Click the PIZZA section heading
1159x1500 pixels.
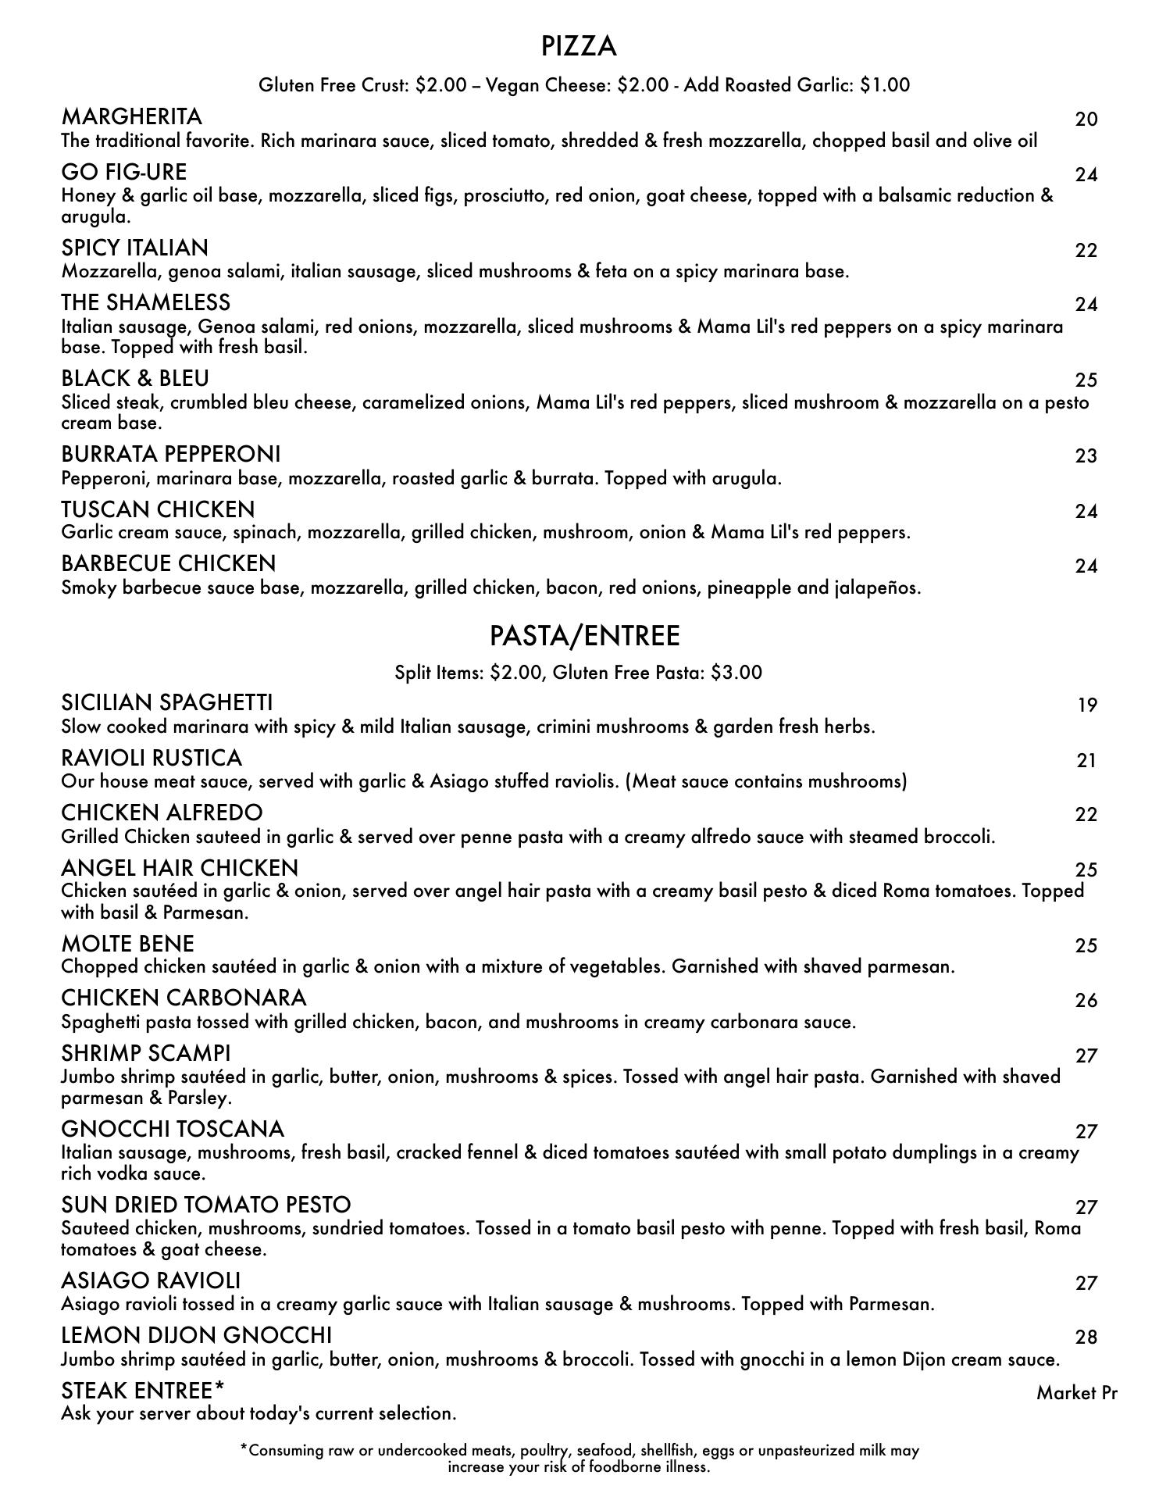pos(579,47)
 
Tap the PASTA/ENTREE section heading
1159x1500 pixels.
pos(584,636)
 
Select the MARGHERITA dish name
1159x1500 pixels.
pos(131,116)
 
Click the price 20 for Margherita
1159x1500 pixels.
pos(1086,119)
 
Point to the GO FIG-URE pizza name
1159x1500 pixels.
pos(123,172)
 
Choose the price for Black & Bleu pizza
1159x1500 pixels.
pos(1086,380)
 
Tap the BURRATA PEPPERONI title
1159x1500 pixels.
pos(170,454)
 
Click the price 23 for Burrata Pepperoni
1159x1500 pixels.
pos(1086,455)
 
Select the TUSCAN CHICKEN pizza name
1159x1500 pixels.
pos(158,509)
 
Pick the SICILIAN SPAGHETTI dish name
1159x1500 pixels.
pos(166,702)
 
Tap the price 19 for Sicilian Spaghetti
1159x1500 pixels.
pos(1087,705)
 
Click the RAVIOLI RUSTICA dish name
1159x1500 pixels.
pos(152,758)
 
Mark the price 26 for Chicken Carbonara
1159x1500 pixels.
pos(1086,1000)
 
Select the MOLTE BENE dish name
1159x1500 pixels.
pos(127,944)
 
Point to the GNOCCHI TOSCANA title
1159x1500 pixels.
pos(173,1129)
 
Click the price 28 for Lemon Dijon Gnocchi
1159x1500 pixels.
pos(1086,1337)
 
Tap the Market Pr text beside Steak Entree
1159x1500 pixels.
pos(1076,1392)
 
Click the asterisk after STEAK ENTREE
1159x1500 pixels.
pos(219,1388)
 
